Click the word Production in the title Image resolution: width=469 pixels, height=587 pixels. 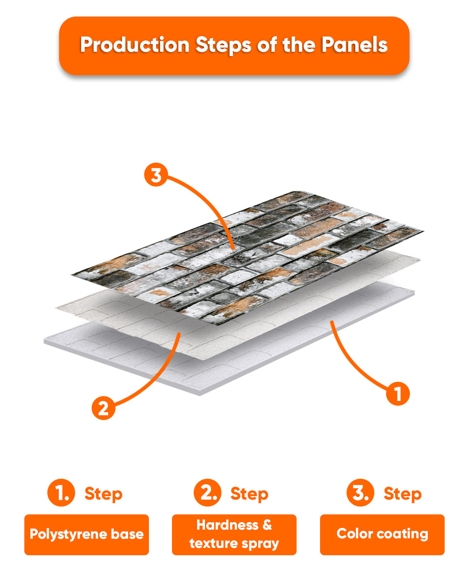[x=135, y=44]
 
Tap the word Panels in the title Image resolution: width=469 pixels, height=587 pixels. [x=354, y=44]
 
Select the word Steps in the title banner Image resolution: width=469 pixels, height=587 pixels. [x=223, y=45]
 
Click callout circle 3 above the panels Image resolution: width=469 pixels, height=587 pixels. [x=156, y=175]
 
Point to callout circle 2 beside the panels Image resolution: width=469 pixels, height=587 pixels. [x=103, y=408]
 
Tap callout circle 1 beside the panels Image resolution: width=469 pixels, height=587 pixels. [x=398, y=394]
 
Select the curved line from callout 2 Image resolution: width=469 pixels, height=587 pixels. [x=158, y=379]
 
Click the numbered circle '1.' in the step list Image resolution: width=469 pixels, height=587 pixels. [x=61, y=492]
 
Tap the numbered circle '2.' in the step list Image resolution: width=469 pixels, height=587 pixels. [x=208, y=492]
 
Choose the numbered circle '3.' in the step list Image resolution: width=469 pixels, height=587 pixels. [x=360, y=492]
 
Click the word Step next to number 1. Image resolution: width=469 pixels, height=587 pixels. [x=103, y=494]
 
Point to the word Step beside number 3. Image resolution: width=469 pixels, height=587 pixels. [x=403, y=494]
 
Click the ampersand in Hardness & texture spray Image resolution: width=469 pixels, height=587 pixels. [x=267, y=525]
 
